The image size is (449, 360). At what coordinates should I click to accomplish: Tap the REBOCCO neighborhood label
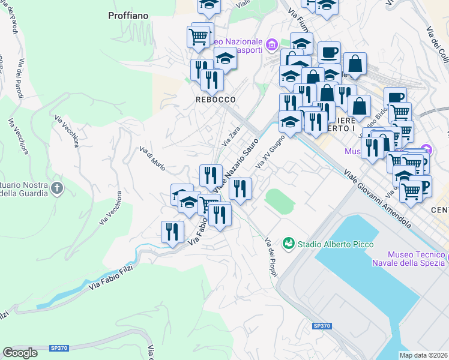click(x=214, y=99)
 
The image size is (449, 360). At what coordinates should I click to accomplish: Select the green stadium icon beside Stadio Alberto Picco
click(x=289, y=244)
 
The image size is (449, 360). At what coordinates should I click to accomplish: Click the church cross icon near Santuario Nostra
click(x=57, y=188)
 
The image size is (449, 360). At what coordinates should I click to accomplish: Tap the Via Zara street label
click(x=231, y=137)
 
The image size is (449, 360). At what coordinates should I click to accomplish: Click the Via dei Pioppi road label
click(x=271, y=257)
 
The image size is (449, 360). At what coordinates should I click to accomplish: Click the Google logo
click(x=20, y=353)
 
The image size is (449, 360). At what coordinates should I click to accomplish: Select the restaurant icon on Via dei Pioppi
click(x=240, y=188)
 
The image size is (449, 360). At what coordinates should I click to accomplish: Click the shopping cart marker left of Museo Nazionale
click(x=199, y=37)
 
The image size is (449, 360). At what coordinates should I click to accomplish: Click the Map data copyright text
click(x=423, y=355)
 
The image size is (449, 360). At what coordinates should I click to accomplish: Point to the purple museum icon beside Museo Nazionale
click(x=271, y=44)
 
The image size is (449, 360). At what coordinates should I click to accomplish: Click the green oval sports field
click(x=278, y=201)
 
